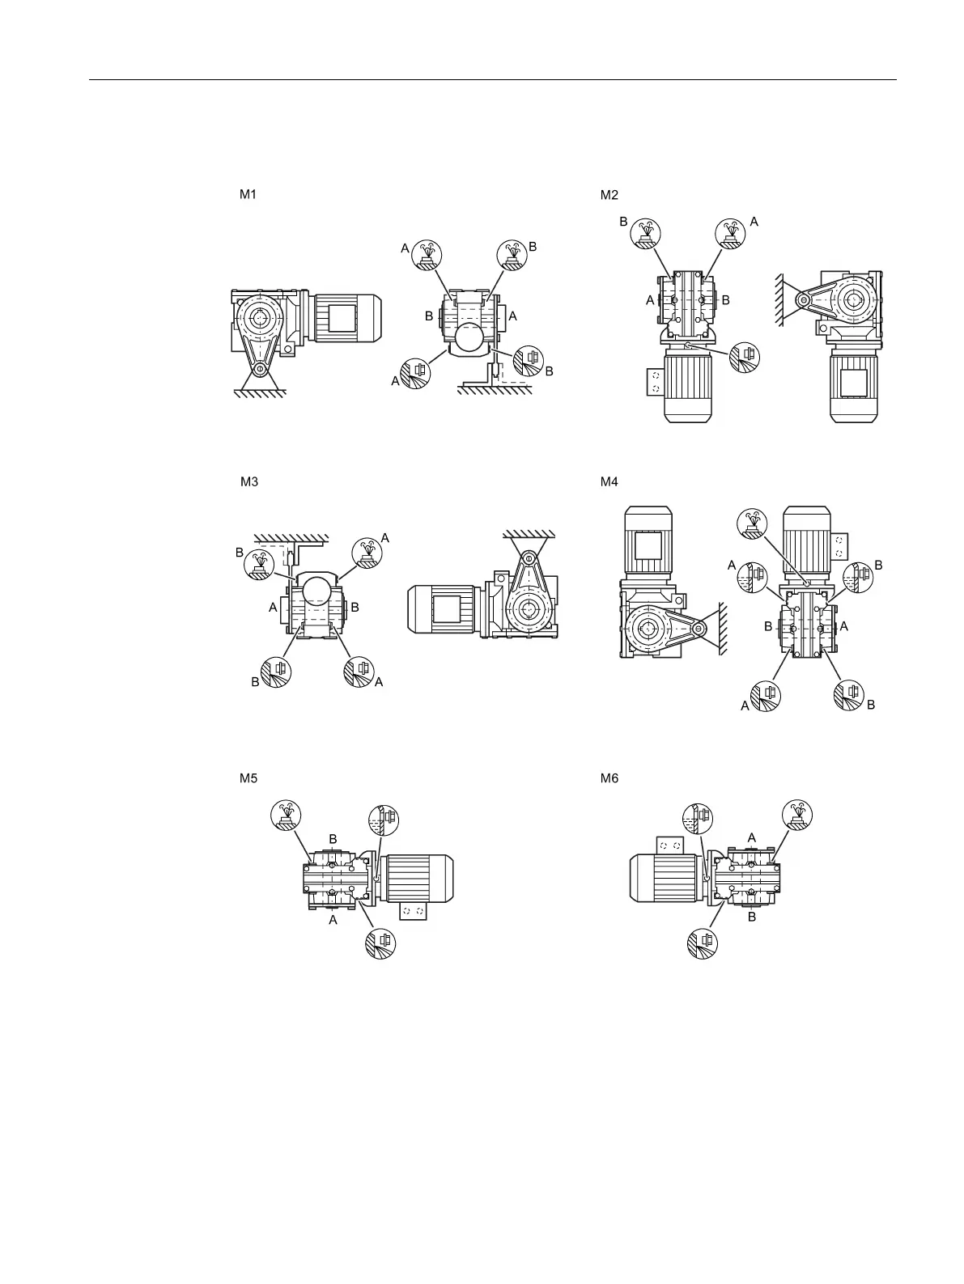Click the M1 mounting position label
(248, 194)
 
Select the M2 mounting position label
(609, 194)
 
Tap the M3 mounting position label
(248, 481)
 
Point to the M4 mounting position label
(609, 481)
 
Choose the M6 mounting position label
(609, 778)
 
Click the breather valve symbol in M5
(286, 814)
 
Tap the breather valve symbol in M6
(797, 814)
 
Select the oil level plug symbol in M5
(384, 820)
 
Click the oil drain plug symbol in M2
(744, 356)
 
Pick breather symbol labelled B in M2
(647, 233)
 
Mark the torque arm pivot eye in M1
(259, 370)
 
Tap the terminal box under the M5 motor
(414, 912)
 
